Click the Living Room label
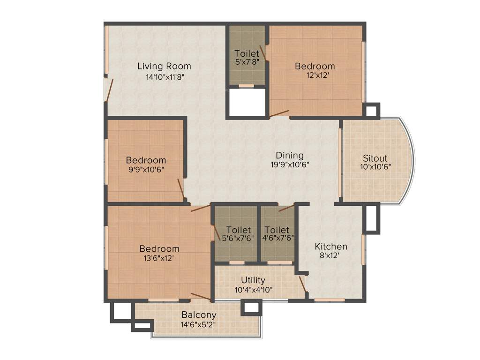tap(164, 66)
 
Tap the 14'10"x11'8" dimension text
tap(164, 77)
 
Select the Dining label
tap(289, 155)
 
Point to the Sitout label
tap(375, 158)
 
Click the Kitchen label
tap(331, 246)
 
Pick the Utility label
tap(253, 280)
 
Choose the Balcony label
tap(199, 315)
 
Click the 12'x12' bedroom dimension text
tap(315, 76)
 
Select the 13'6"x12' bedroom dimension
tap(159, 258)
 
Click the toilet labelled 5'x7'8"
tap(247, 57)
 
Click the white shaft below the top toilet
tap(247, 102)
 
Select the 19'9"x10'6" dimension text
tap(289, 165)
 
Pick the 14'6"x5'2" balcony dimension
tap(199, 324)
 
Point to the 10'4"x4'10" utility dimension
tap(253, 289)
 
